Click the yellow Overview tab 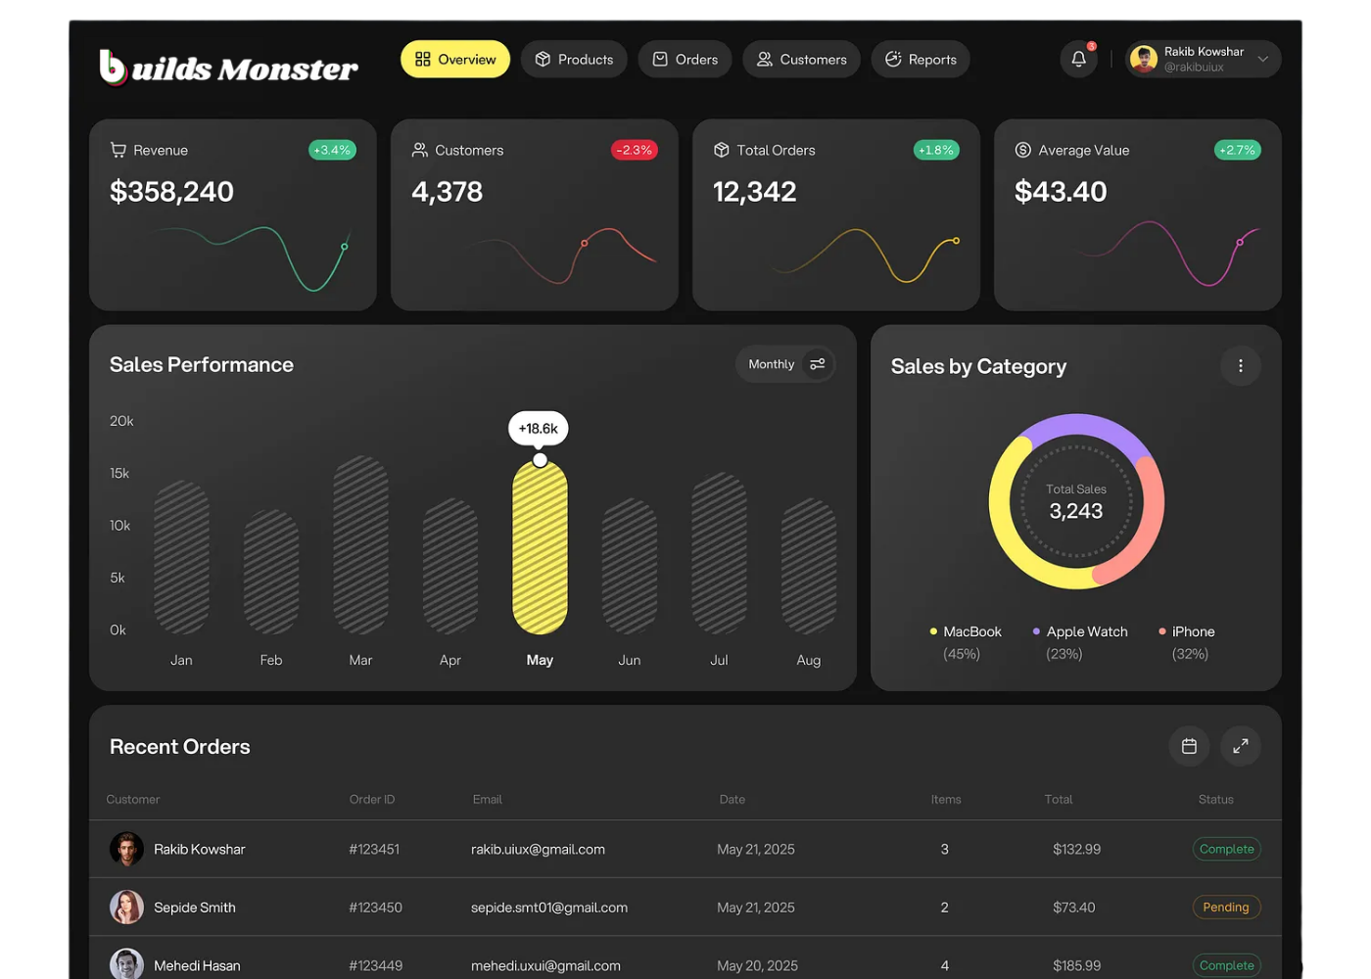tap(455, 60)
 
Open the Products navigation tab tap(574, 60)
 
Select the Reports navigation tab tap(921, 60)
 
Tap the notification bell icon tap(1078, 59)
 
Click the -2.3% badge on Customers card tap(635, 150)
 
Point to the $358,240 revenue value tap(172, 192)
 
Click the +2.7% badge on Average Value tap(1237, 150)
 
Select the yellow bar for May tap(540, 548)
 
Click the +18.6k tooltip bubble tap(539, 429)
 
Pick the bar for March tap(360, 544)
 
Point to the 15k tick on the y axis tap(119, 473)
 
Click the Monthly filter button tap(785, 364)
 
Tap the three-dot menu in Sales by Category tap(1240, 366)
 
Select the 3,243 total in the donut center tap(1075, 511)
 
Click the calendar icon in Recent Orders tap(1189, 746)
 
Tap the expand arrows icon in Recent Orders tap(1240, 746)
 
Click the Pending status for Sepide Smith tap(1226, 908)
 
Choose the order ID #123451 tap(374, 850)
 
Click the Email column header tap(487, 800)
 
